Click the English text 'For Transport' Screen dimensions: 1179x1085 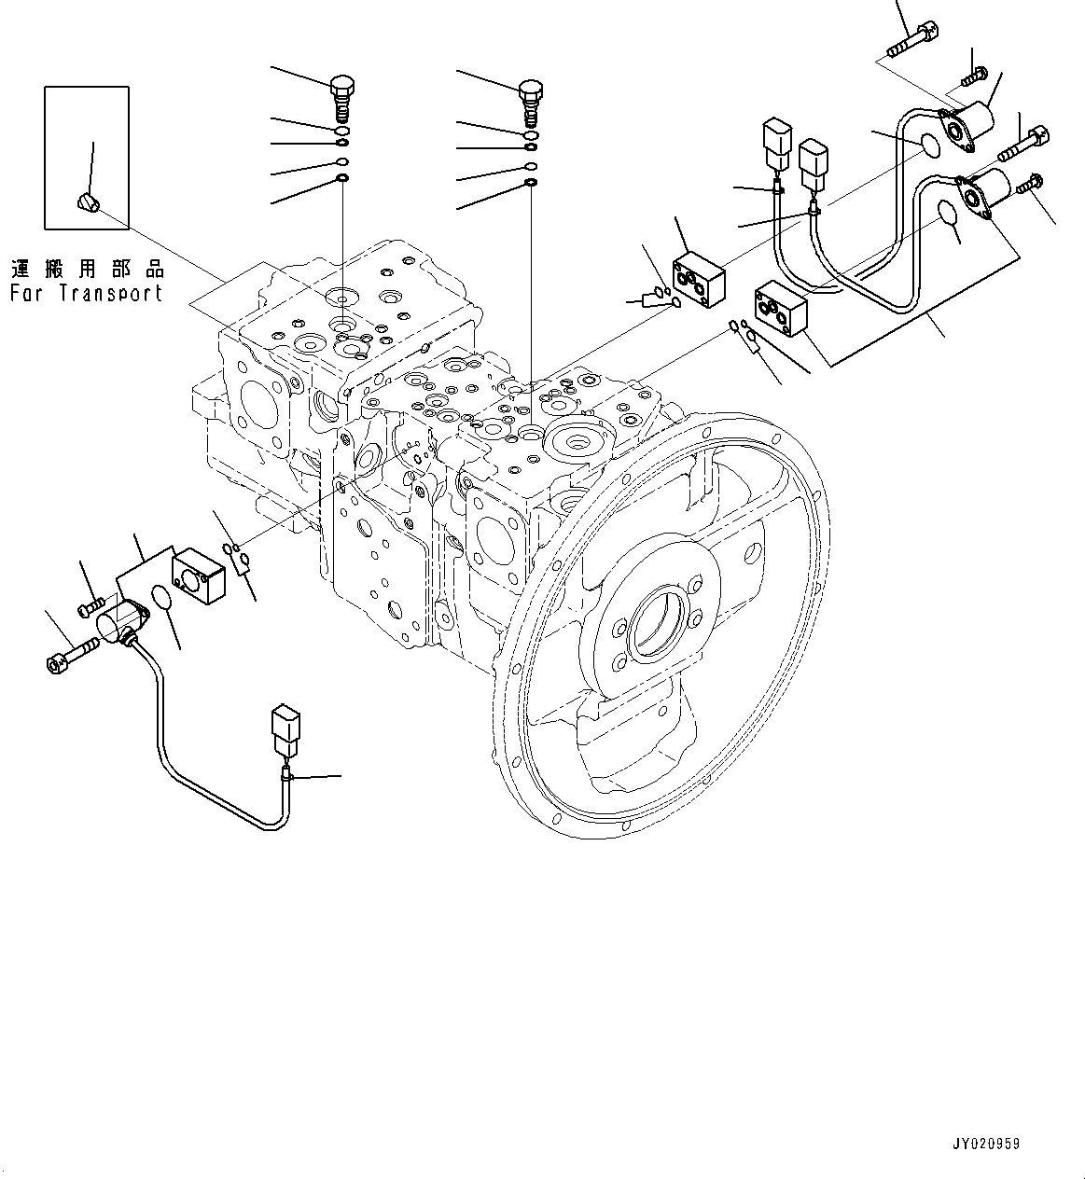(87, 293)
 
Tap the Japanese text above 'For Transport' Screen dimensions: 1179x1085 (87, 270)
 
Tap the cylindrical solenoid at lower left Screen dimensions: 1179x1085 (120, 619)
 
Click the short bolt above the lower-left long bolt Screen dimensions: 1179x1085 (90, 605)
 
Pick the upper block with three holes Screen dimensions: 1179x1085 (700, 276)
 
